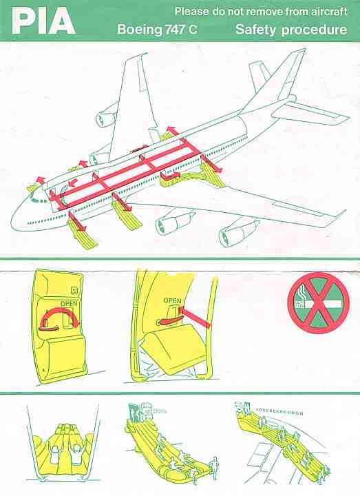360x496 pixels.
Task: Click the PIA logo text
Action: [43, 21]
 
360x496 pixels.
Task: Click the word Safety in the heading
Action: [257, 30]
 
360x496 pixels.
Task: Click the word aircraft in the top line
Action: [328, 11]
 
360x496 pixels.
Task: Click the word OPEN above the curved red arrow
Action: [69, 303]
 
